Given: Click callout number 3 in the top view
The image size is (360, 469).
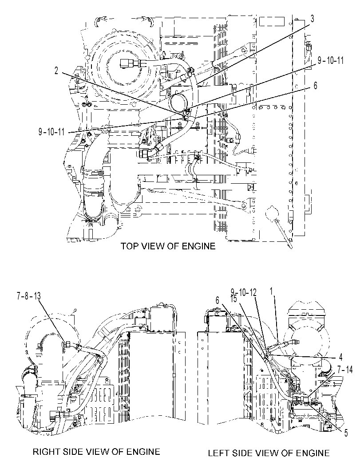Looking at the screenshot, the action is (312, 19).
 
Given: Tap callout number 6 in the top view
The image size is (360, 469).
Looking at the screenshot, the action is (315, 86).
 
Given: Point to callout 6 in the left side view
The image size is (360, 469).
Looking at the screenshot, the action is (217, 300).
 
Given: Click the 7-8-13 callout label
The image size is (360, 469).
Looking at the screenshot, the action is (28, 296).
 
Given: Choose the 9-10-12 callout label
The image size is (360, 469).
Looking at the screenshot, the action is (244, 292).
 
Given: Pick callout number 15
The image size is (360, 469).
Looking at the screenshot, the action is (234, 299).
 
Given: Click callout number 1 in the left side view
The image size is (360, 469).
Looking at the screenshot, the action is (271, 292).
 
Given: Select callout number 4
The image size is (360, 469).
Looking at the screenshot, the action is (340, 357).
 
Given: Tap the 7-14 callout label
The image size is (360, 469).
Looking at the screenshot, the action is (345, 370).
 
